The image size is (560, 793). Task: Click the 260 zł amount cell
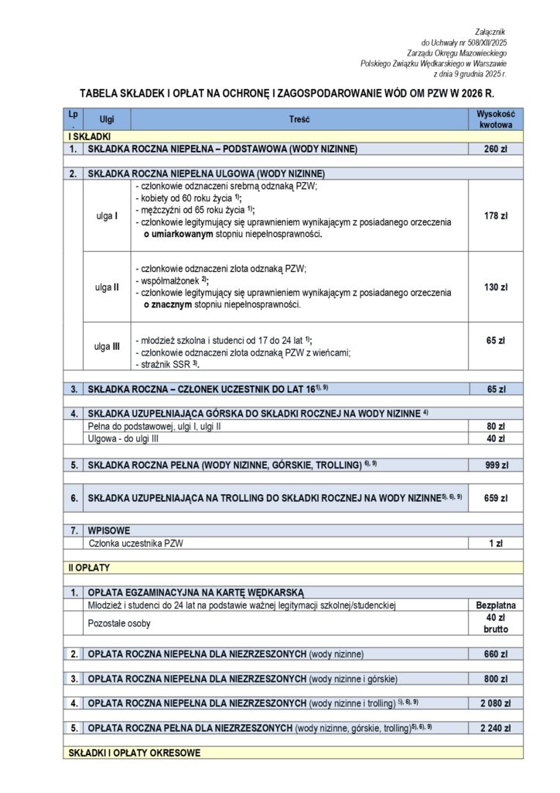coord(495,148)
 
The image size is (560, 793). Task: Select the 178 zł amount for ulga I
coord(495,215)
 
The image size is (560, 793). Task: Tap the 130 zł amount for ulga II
coord(495,287)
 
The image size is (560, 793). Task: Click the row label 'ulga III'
coord(107,346)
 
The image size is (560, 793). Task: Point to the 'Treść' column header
coord(299,120)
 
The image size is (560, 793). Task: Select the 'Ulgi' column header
coord(107,120)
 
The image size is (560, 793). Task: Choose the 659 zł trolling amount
coord(495,499)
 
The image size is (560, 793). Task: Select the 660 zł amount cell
coord(495,654)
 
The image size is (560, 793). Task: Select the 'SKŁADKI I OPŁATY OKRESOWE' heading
coord(135,752)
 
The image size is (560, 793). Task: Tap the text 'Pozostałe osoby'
coord(119,623)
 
